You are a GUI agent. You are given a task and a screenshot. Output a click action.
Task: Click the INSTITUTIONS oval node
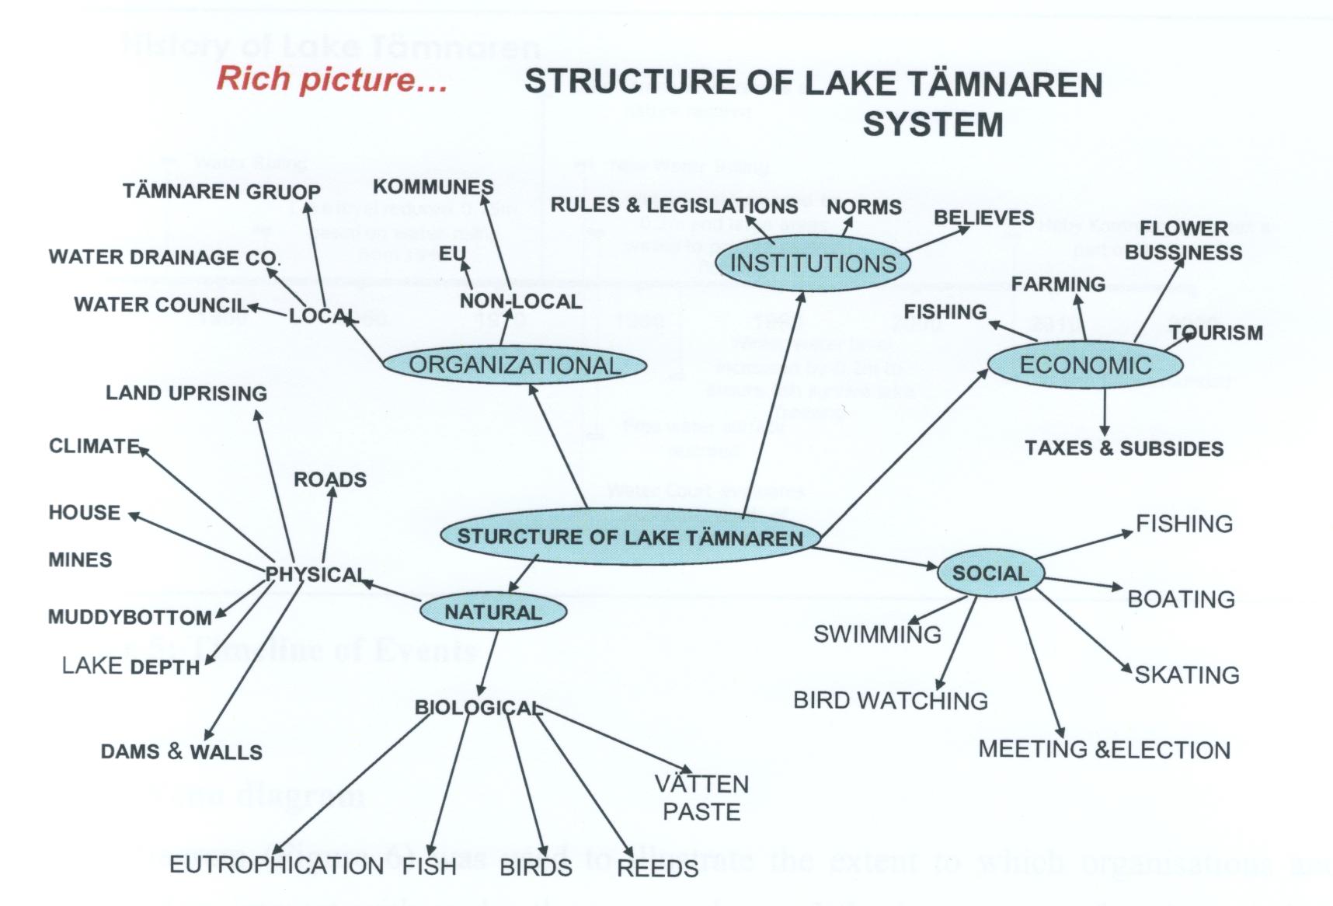[x=813, y=264]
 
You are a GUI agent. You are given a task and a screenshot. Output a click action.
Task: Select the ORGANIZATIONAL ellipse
[x=515, y=365]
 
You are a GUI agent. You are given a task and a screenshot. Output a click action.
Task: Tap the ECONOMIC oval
[x=1085, y=365]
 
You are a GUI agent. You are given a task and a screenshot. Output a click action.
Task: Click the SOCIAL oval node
[x=990, y=573]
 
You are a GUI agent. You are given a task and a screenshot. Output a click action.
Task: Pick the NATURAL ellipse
[x=493, y=612]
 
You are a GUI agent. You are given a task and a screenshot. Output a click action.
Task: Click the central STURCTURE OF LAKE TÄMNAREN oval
[x=630, y=537]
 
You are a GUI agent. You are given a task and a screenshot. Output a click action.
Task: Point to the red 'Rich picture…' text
[x=332, y=79]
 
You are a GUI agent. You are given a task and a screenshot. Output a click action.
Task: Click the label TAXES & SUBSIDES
[x=1124, y=448]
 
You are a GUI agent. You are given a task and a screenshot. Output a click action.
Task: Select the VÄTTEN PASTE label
[x=701, y=798]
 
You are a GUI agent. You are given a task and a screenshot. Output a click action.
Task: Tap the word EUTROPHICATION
[x=276, y=865]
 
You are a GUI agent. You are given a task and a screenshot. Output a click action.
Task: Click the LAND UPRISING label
[x=186, y=393]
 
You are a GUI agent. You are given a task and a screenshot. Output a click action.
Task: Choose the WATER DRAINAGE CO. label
[x=164, y=257]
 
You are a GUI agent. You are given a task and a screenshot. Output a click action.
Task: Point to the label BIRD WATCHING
[x=890, y=701]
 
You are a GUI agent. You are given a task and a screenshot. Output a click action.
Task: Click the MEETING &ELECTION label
[x=1104, y=750]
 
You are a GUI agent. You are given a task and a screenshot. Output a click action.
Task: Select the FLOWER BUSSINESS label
[x=1183, y=240]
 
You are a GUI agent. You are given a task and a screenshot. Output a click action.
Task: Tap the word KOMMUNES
[x=433, y=186]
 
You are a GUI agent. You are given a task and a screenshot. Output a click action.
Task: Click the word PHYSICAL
[x=315, y=574]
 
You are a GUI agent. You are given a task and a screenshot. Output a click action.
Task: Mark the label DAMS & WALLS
[x=182, y=752]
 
